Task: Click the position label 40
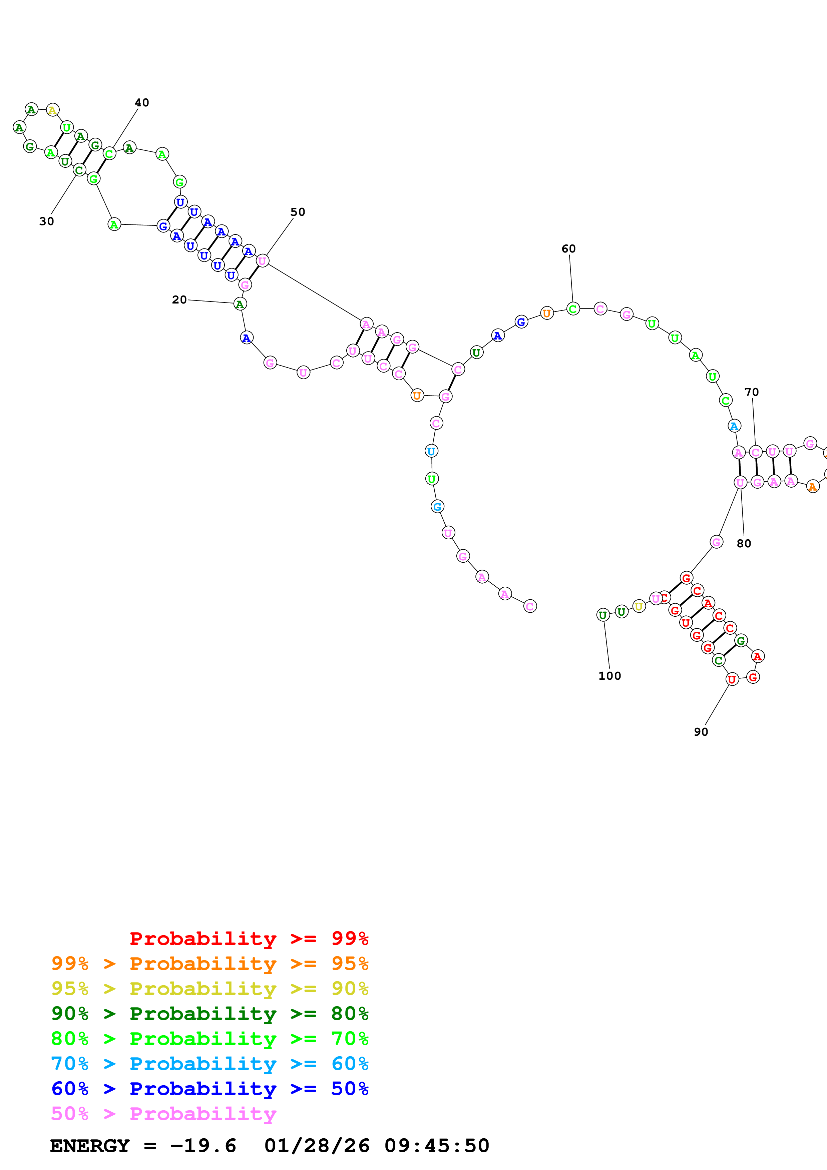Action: tap(142, 102)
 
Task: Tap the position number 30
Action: tap(46, 221)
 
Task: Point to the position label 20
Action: tap(179, 300)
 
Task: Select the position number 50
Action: tap(298, 212)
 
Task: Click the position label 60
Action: tap(568, 249)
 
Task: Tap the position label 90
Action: tap(701, 732)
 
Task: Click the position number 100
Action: tap(609, 676)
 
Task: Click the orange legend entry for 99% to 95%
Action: tap(210, 963)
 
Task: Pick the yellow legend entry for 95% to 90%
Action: tap(210, 988)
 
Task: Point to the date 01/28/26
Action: tap(317, 1146)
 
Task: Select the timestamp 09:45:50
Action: tap(437, 1146)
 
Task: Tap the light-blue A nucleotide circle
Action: tap(734, 426)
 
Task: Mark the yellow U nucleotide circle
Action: tap(639, 606)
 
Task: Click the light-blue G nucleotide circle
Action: tap(437, 507)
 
